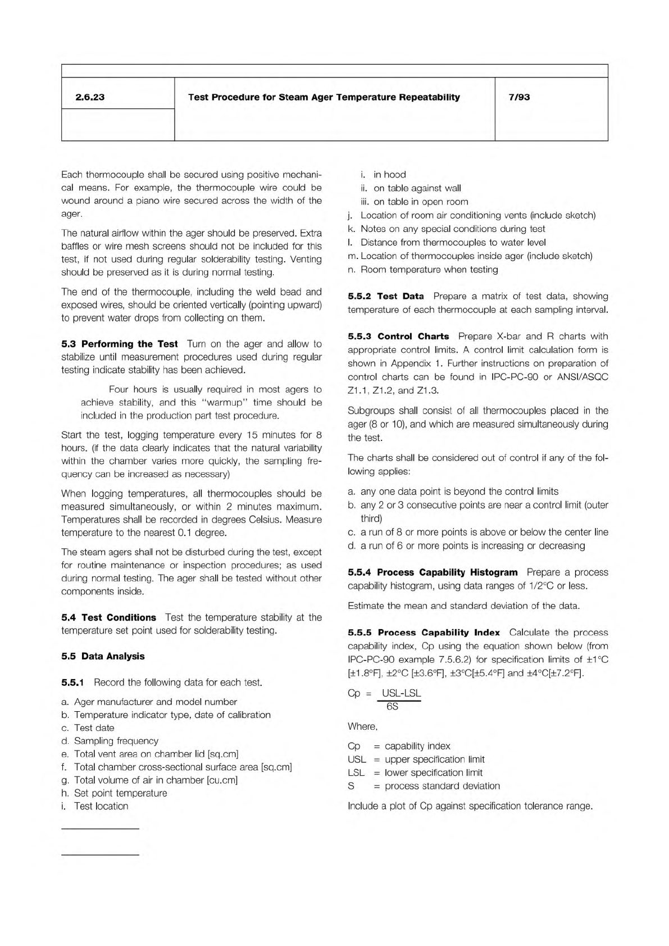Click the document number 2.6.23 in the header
coord(90,97)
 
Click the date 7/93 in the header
coord(519,97)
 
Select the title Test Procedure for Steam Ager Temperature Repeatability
coord(324,97)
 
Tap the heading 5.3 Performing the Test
coord(120,344)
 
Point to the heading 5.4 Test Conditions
coord(109,617)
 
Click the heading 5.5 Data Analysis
coord(103,656)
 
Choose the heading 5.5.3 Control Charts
coord(398,336)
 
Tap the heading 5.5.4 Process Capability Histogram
coord(433,572)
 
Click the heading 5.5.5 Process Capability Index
coord(424,633)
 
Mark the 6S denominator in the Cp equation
coord(393,706)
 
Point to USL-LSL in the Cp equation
coord(401,693)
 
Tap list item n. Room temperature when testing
coord(423,270)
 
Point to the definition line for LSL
coord(415,772)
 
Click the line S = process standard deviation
coord(424,786)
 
